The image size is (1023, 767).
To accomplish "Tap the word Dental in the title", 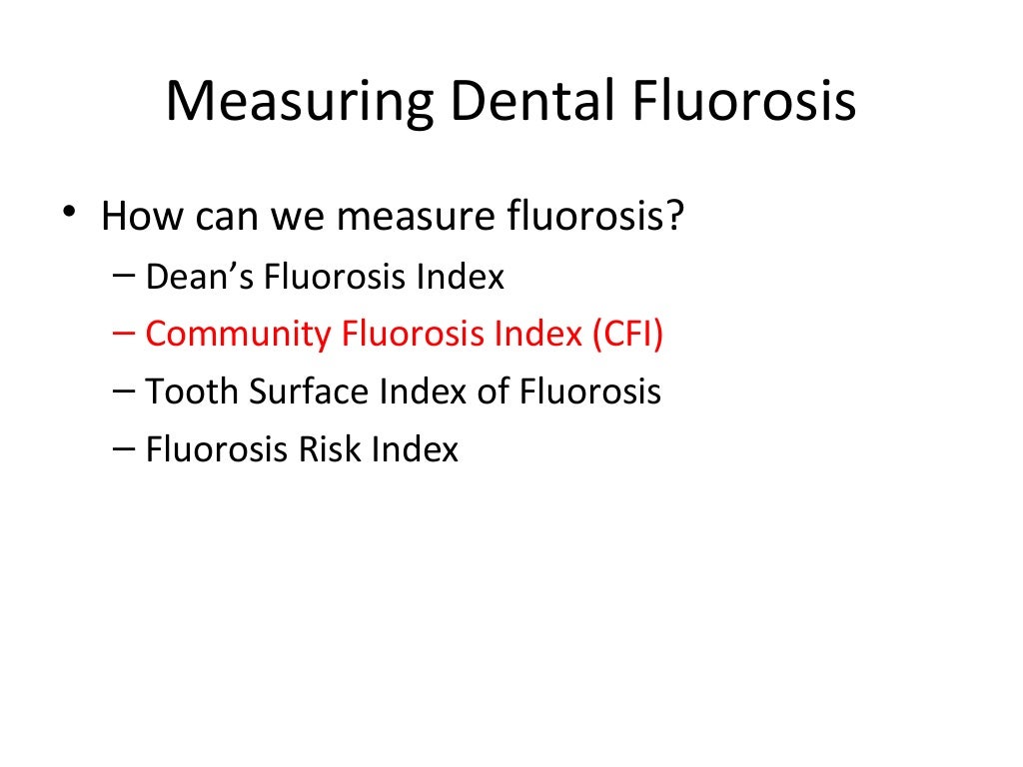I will (519, 103).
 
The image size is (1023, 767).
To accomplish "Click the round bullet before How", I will (67, 214).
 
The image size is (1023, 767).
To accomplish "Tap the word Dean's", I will (200, 277).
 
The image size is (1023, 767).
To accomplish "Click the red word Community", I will (239, 335).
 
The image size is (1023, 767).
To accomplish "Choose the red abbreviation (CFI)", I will (625, 335).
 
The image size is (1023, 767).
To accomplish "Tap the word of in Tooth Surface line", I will (493, 391).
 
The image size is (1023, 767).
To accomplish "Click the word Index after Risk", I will (415, 449).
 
